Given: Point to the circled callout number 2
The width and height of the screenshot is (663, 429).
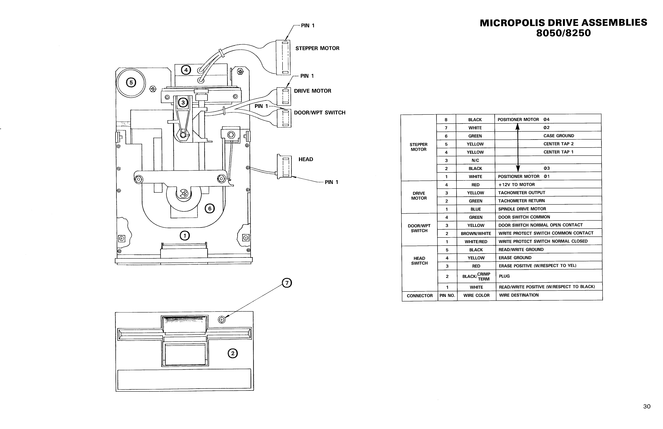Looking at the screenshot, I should (232, 354).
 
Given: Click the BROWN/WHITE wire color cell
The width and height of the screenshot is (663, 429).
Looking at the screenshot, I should (476, 234).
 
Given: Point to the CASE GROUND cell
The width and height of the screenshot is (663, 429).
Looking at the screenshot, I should (559, 136).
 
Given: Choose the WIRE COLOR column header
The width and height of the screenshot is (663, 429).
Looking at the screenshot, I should (476, 295).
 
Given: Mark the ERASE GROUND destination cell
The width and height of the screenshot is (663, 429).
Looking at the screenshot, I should (515, 258).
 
